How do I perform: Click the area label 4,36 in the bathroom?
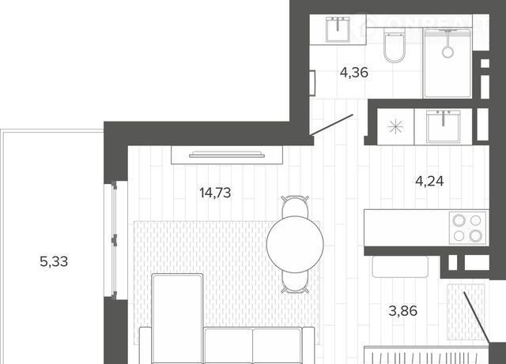pos(353,73)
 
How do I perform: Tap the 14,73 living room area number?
pos(215,193)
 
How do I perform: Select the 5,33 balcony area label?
pos(54,261)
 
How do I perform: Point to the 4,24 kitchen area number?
pos(429,181)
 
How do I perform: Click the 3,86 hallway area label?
pos(403,311)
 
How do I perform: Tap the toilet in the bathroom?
pos(395,46)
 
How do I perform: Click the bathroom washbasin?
pos(338,30)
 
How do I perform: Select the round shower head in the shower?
pos(447,52)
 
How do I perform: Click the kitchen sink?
pos(444,126)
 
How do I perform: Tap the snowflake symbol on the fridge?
pos(395,126)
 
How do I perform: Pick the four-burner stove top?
pos(467,228)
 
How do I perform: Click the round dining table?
pos(295,245)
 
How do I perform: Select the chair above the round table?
pos(295,206)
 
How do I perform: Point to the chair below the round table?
pos(295,283)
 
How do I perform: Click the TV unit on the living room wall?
pos(227,155)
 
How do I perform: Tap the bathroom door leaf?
pos(331,125)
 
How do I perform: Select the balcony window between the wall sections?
pos(114,240)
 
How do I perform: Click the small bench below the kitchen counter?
pos(400,267)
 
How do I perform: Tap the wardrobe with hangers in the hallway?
pos(426,355)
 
